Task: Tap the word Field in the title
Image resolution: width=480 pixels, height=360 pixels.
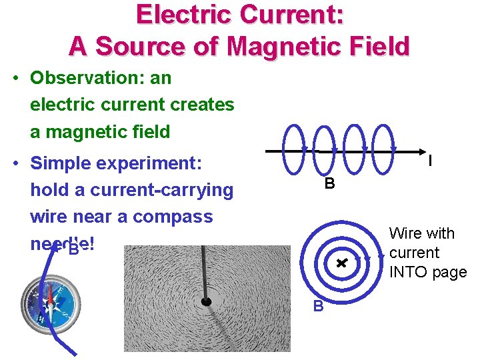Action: coord(375,47)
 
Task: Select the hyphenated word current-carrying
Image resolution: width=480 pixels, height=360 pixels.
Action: coord(161,190)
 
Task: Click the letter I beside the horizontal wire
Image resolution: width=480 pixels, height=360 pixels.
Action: coord(430,161)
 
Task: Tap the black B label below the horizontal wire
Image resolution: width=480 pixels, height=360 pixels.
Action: coord(329,184)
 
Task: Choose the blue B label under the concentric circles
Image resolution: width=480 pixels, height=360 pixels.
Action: coord(319,306)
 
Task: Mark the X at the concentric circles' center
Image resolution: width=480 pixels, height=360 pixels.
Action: coord(341,263)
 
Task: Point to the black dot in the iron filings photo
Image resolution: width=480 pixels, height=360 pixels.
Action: coord(207,302)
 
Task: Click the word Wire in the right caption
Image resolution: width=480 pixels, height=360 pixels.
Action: coord(405,233)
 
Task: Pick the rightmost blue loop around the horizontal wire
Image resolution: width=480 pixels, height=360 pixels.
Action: coord(383,144)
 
